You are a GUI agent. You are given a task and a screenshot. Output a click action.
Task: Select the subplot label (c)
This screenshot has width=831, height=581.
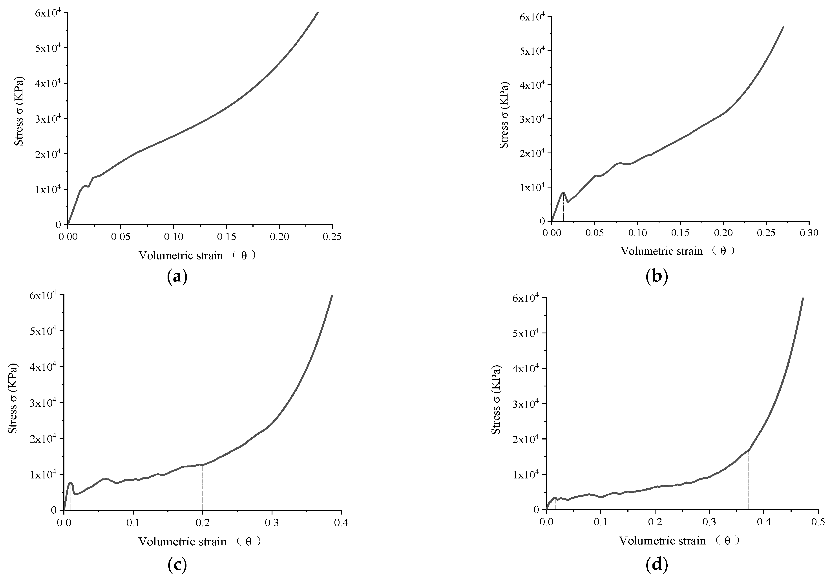click(x=177, y=565)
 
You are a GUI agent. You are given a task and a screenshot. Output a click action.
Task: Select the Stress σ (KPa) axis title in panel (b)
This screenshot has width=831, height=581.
click(x=504, y=115)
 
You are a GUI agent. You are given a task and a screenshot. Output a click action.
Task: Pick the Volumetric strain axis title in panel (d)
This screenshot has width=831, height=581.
click(x=679, y=541)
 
